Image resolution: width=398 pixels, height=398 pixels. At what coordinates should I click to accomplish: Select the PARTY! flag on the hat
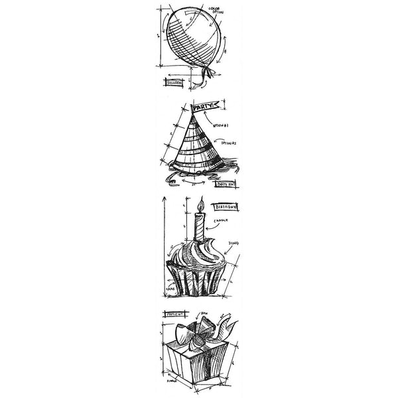(202, 106)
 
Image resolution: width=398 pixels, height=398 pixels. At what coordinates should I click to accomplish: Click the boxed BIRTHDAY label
(225, 208)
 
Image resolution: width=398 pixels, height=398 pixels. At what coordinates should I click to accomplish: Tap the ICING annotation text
(233, 244)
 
